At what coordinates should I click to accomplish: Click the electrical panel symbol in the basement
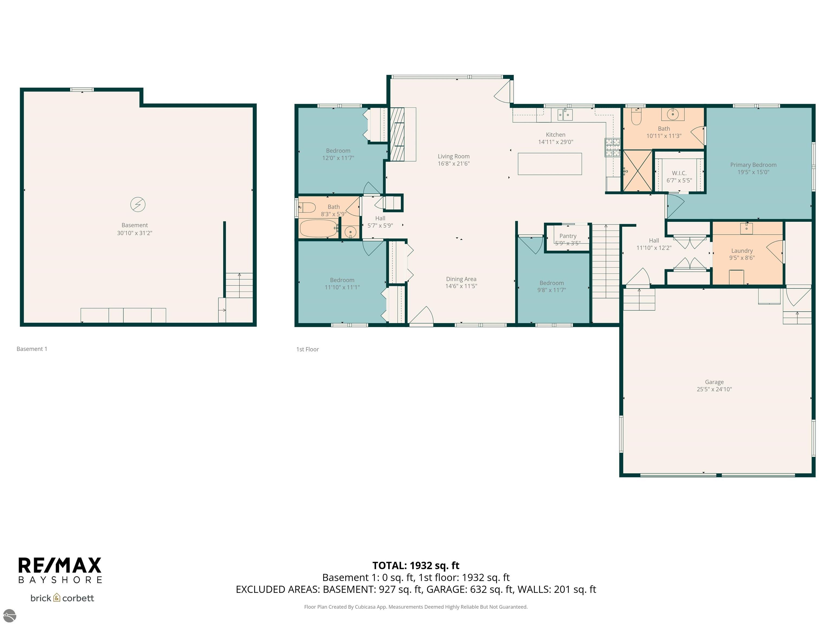(x=138, y=204)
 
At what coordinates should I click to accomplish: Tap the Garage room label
(x=714, y=382)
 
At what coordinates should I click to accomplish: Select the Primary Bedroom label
(x=753, y=165)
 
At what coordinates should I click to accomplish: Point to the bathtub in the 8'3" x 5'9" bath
(x=318, y=228)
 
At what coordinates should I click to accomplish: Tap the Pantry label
(x=568, y=236)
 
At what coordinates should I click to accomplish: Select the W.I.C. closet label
(x=679, y=173)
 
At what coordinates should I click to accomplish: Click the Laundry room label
(x=742, y=251)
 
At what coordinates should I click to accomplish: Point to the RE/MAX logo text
(x=60, y=565)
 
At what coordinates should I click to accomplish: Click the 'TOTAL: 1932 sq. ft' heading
(x=416, y=565)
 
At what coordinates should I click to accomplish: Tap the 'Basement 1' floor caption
(x=32, y=349)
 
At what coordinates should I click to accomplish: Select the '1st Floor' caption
(x=307, y=349)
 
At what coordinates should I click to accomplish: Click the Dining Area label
(x=461, y=279)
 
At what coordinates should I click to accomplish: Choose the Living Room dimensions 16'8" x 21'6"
(x=454, y=164)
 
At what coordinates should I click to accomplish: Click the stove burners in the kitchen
(x=612, y=147)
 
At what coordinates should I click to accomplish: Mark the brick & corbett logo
(x=62, y=598)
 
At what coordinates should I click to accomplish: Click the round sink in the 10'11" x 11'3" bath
(x=673, y=113)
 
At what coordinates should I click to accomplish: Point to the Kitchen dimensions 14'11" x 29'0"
(x=555, y=142)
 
